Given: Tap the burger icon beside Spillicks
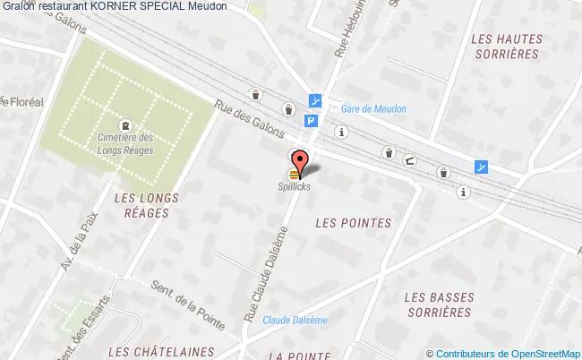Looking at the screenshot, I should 294,174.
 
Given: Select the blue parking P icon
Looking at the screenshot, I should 311,122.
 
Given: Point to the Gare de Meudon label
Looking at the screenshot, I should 373,109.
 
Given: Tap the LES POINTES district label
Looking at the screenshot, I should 355,222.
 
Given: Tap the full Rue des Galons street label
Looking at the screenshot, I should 244,120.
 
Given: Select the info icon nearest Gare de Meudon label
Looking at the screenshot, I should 340,132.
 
